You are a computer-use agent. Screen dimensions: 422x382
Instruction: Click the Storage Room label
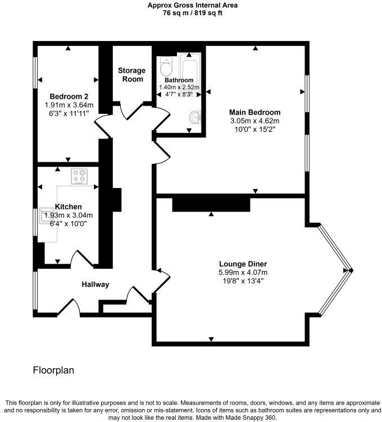(x=131, y=75)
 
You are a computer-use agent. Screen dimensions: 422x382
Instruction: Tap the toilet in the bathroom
(x=166, y=69)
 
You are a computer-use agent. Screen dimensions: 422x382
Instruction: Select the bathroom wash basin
(x=195, y=118)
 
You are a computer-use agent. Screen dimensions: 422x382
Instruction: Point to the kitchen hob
(x=79, y=177)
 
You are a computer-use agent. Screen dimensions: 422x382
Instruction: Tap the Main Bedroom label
(x=255, y=112)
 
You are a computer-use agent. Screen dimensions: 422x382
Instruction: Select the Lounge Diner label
(x=243, y=264)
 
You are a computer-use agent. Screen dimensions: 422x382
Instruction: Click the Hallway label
(x=95, y=285)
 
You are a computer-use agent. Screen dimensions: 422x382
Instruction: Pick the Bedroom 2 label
(x=69, y=95)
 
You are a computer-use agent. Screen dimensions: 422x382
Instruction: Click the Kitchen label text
(x=69, y=207)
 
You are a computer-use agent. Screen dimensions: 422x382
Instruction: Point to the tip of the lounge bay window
(x=352, y=270)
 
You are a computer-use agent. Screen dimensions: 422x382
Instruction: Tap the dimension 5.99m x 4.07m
(x=243, y=272)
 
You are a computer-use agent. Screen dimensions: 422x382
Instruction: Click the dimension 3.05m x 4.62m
(x=255, y=121)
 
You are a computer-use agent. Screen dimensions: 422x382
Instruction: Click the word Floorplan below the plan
(x=53, y=370)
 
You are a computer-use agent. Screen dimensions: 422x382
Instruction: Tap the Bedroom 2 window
(x=35, y=74)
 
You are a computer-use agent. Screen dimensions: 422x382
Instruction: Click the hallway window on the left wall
(x=35, y=290)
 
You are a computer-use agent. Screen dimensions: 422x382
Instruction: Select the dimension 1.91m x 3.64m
(x=69, y=104)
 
